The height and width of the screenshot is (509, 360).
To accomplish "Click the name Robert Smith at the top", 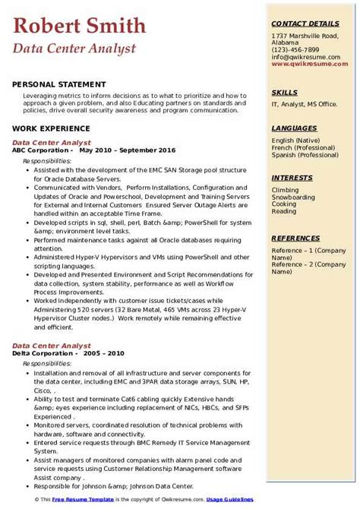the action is [x=80, y=26].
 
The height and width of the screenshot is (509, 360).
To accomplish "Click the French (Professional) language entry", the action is [x=302, y=148].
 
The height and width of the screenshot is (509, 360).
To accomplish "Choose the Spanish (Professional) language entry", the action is [x=305, y=156].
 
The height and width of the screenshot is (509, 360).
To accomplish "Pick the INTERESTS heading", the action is [x=292, y=178].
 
